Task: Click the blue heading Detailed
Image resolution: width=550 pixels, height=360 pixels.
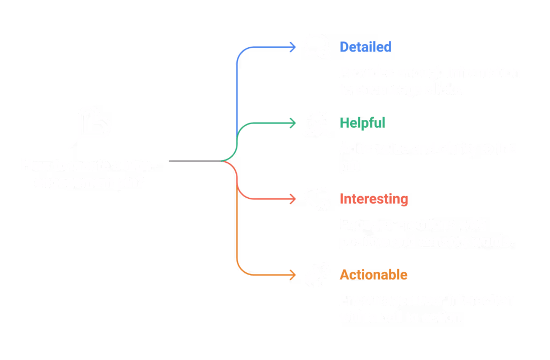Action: (x=365, y=47)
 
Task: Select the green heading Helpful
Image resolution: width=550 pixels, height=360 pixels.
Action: (x=362, y=123)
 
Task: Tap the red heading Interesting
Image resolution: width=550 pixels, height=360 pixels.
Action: (x=374, y=199)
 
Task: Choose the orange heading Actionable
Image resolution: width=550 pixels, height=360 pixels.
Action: (x=373, y=275)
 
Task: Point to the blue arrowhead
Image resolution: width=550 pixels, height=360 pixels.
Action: (x=293, y=47)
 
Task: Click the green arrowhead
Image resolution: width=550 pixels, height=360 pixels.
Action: (x=293, y=123)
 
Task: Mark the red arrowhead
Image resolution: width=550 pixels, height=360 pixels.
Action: (x=293, y=199)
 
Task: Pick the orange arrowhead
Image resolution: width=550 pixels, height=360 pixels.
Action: (x=293, y=275)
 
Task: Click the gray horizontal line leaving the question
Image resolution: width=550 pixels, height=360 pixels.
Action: (x=193, y=161)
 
